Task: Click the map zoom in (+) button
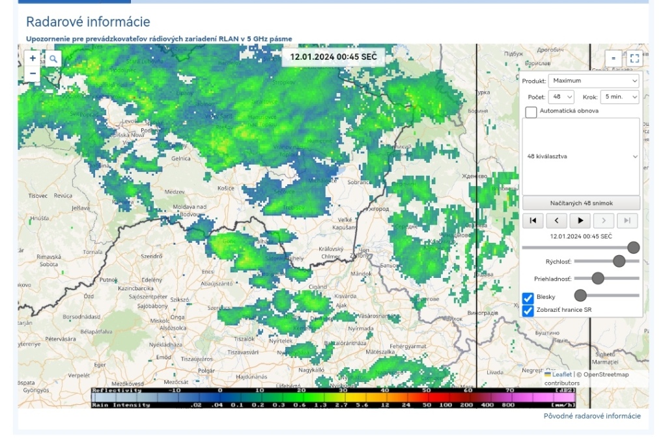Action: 33,59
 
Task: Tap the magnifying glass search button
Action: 53,59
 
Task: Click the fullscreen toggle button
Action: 634,59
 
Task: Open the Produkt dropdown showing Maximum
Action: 593,81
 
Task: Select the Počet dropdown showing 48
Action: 561,96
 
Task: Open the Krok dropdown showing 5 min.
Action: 619,96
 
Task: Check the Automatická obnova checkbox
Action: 532,111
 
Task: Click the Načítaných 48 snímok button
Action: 581,203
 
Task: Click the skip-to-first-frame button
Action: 532,221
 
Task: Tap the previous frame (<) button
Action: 556,221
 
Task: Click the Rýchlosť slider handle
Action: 619,261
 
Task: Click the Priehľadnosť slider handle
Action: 597,279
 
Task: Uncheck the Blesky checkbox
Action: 528,297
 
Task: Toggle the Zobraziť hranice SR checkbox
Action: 528,310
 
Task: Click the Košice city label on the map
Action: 225,188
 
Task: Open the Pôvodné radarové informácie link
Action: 592,416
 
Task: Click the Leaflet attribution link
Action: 561,374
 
